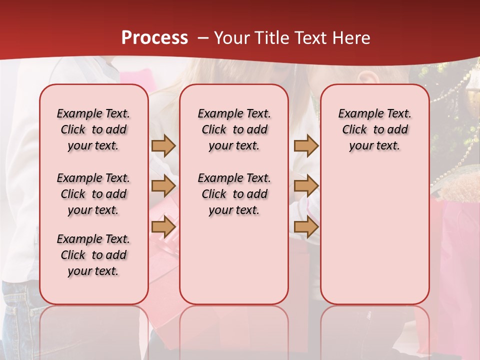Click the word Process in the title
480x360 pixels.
[x=154, y=38]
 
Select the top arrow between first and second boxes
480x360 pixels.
[x=163, y=145]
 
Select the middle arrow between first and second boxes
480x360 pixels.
[x=163, y=186]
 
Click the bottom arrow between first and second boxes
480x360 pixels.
[x=163, y=227]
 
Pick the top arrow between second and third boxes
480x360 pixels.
[x=306, y=145]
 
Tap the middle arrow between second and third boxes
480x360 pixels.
[x=306, y=186]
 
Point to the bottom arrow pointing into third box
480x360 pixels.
[x=306, y=227]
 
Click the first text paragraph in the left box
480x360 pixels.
[x=93, y=129]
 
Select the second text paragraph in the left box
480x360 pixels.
[x=93, y=194]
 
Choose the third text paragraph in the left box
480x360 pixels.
[x=93, y=255]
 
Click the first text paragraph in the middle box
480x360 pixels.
[x=234, y=129]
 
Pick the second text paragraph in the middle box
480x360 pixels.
[x=234, y=194]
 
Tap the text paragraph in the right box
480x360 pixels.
[x=374, y=129]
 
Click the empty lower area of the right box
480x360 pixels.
[x=374, y=235]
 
